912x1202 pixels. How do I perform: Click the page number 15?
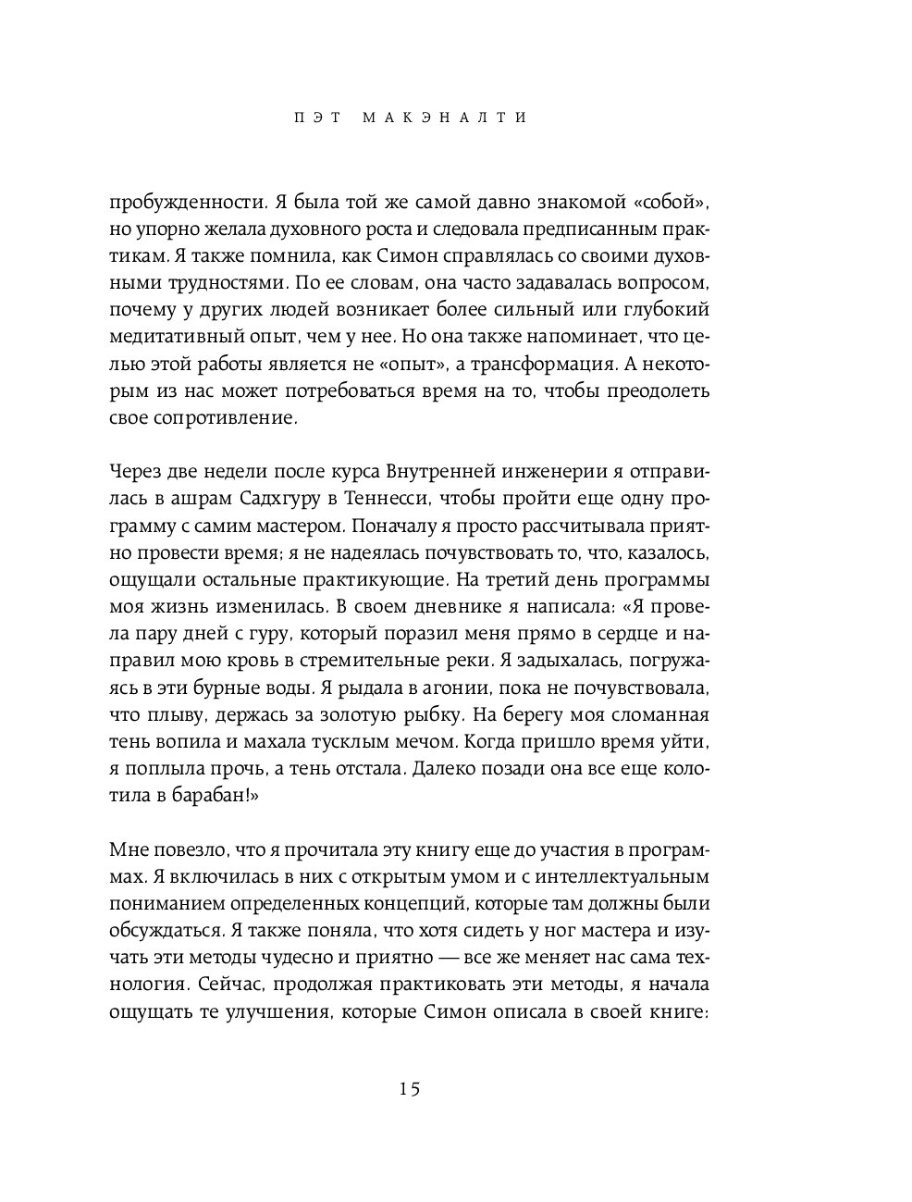(410, 1089)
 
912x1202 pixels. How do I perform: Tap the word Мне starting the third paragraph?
(130, 849)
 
